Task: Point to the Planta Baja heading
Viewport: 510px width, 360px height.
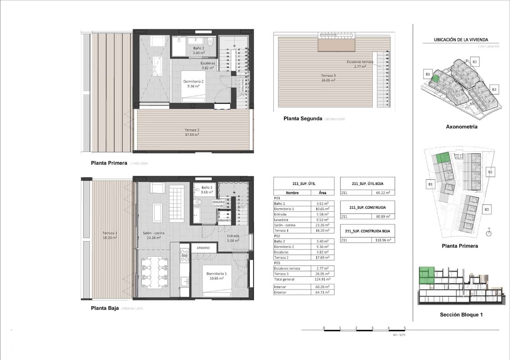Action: click(x=105, y=308)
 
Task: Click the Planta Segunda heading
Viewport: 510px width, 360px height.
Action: click(x=303, y=119)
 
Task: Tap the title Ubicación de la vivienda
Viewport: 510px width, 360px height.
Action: click(x=461, y=40)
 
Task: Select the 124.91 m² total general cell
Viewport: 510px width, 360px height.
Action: click(x=322, y=279)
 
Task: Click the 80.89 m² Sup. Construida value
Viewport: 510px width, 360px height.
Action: click(x=382, y=217)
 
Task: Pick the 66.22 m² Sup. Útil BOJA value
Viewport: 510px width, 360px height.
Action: click(x=382, y=193)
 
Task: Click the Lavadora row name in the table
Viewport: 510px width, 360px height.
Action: click(x=281, y=220)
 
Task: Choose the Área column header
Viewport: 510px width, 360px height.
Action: click(x=322, y=193)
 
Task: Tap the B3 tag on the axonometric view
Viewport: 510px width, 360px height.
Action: click(x=494, y=90)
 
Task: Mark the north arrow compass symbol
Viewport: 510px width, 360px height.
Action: click(x=489, y=233)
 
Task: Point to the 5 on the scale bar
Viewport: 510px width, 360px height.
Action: click(x=404, y=328)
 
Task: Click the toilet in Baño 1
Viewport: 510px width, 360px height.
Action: click(x=198, y=202)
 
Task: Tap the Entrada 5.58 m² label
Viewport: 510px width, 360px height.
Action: click(x=233, y=238)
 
